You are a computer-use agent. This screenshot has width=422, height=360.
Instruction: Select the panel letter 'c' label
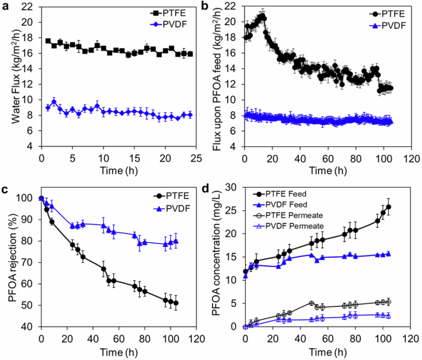(5, 188)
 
